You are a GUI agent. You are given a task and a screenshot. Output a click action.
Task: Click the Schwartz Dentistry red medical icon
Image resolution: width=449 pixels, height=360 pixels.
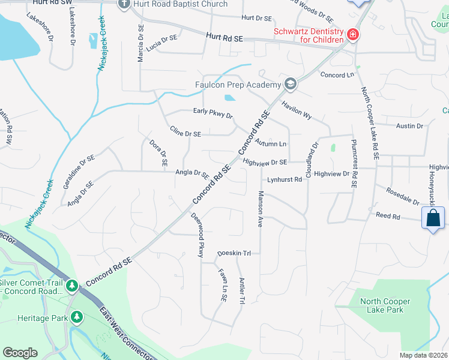click(354, 35)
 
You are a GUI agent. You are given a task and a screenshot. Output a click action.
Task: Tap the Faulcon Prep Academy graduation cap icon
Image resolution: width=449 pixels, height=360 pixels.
click(291, 84)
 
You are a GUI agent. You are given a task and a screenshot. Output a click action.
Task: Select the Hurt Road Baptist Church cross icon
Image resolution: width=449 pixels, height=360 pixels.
click(124, 4)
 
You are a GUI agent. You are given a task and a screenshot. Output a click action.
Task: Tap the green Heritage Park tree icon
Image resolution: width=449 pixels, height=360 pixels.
click(76, 316)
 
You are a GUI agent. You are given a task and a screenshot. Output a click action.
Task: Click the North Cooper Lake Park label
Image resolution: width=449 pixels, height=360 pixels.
click(382, 305)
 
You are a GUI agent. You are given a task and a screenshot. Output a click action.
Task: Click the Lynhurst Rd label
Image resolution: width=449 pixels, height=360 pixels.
click(285, 179)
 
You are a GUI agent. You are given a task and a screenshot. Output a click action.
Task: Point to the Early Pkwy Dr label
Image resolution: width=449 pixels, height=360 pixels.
click(212, 112)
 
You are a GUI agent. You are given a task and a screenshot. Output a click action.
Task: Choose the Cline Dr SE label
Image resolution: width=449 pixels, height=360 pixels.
click(185, 131)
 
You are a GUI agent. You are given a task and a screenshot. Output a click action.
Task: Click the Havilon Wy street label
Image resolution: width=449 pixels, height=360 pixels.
click(298, 111)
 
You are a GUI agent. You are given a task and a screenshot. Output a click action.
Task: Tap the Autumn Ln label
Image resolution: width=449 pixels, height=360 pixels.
click(271, 144)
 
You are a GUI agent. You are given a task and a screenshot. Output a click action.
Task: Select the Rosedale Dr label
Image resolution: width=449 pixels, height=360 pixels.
click(403, 199)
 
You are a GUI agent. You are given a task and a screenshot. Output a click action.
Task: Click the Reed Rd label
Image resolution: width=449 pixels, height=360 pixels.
click(388, 215)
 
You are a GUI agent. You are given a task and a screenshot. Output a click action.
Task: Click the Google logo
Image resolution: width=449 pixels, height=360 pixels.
click(20, 353)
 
